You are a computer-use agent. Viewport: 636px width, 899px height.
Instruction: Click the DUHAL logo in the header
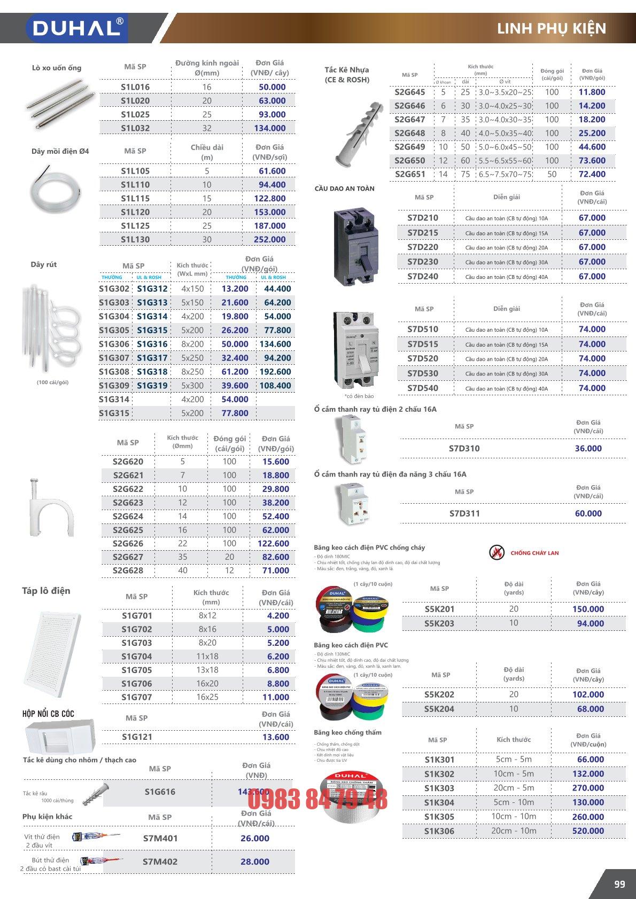[76, 28]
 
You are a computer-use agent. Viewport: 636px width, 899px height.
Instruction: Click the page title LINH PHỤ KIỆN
[551, 28]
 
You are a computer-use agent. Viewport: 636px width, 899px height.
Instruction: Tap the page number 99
[619, 884]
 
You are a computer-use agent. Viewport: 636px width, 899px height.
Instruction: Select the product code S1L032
[135, 128]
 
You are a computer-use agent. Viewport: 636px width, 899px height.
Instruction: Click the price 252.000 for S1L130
[269, 240]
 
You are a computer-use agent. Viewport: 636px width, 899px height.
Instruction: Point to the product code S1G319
[152, 386]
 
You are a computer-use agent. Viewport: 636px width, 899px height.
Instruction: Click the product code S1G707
[136, 697]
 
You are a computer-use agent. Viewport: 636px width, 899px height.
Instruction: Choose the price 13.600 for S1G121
[276, 737]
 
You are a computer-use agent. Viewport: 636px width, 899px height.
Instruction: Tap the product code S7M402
[160, 862]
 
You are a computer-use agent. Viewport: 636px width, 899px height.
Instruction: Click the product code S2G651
[410, 174]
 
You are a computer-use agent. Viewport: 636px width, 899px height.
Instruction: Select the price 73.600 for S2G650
[592, 161]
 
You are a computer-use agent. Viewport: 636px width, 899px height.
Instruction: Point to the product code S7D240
[423, 277]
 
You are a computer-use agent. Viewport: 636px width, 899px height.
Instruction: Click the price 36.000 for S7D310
[588, 449]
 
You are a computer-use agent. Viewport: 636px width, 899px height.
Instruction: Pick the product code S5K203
[439, 623]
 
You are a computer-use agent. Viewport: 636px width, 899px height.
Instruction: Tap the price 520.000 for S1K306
[588, 831]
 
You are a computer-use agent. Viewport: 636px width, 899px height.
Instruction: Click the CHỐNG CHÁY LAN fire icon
[497, 553]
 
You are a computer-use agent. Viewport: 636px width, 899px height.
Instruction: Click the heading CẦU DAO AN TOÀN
[344, 189]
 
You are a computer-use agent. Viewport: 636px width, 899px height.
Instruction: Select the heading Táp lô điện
[46, 591]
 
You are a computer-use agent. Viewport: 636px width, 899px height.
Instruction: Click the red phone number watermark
[317, 800]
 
